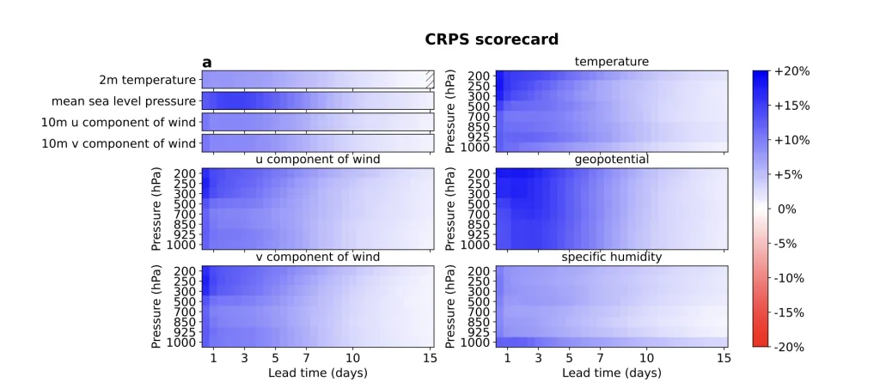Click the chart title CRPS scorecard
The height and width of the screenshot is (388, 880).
click(492, 39)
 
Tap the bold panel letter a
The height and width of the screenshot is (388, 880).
click(206, 62)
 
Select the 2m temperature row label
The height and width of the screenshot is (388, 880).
click(147, 80)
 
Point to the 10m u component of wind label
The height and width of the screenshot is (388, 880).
click(119, 122)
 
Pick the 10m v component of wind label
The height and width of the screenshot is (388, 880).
click(119, 143)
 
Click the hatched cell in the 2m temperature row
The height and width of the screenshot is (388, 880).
click(430, 80)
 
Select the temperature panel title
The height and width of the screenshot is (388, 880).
click(611, 62)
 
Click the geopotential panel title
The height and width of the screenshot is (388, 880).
click(611, 160)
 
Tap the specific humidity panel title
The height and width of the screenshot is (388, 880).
click(611, 258)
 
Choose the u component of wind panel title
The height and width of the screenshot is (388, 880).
click(318, 160)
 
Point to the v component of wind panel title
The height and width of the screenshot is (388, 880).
click(318, 258)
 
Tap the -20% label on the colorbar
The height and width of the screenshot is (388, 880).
click(790, 347)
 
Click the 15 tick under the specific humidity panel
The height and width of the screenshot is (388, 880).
click(724, 358)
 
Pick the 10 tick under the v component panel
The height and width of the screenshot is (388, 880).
click(352, 358)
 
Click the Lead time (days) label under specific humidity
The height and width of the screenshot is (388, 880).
click(611, 373)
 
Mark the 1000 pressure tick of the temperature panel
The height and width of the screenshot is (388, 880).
click(474, 147)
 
